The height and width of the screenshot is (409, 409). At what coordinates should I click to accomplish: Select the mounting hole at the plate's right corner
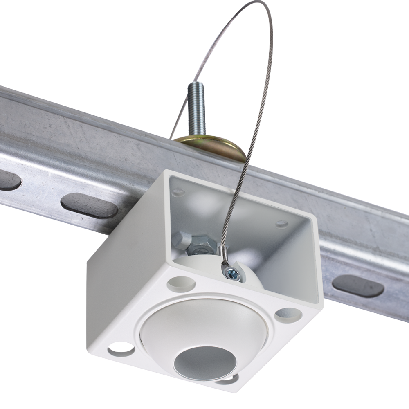pyautogui.click(x=288, y=315)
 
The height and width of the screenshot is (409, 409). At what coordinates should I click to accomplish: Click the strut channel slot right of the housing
pyautogui.click(x=358, y=285)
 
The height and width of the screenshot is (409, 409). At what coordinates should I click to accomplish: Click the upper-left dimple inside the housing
pyautogui.click(x=179, y=191)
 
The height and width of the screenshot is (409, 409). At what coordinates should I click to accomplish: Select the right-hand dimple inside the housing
pyautogui.click(x=282, y=224)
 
